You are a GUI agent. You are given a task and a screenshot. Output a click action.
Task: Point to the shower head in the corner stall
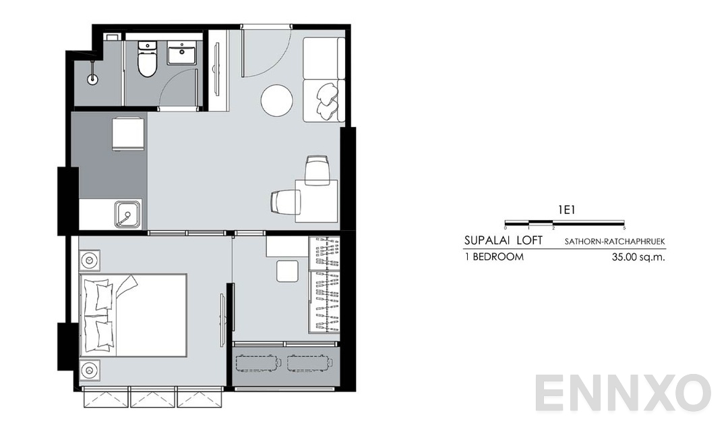tap(93, 78)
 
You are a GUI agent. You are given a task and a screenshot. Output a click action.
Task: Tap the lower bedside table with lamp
tap(90, 370)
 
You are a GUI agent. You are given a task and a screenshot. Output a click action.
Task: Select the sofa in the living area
tap(323, 80)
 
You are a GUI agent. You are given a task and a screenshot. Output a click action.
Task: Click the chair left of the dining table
tap(286, 202)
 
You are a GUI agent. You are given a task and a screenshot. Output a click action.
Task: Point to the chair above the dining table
tap(317, 169)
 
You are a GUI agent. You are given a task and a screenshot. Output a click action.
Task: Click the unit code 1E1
tap(565, 209)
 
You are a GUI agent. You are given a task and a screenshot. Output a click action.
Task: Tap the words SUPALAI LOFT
tap(502, 240)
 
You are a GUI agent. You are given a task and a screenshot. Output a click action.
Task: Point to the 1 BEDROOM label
tap(494, 257)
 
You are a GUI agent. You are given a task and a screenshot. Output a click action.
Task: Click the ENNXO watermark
tap(624, 394)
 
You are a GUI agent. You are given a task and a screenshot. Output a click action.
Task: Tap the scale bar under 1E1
tap(565, 221)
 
